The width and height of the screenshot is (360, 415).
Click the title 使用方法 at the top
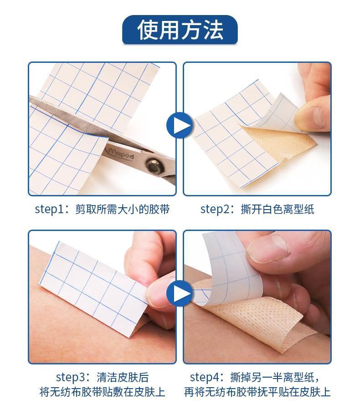tap(180, 30)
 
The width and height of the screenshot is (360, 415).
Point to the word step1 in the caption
tap(50, 209)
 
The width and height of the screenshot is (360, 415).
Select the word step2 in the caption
tap(216, 209)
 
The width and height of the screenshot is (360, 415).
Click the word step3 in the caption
tap(71, 377)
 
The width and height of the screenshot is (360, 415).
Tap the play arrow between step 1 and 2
tap(180, 125)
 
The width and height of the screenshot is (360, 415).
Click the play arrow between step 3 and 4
tap(180, 293)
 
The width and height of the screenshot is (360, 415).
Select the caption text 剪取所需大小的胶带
tap(122, 209)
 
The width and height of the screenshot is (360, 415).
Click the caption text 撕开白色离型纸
tap(277, 209)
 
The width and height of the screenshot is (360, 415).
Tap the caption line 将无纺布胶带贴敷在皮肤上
tap(103, 392)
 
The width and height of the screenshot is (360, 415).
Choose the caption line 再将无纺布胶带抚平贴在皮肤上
tap(257, 392)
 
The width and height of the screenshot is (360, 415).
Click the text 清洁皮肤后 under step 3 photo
tap(123, 377)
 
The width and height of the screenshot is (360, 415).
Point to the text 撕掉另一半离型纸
tap(272, 377)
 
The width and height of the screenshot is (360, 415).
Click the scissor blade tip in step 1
tap(30, 97)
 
